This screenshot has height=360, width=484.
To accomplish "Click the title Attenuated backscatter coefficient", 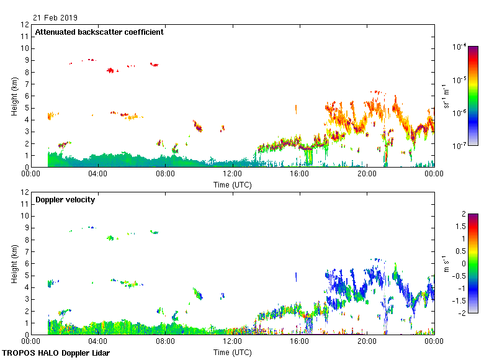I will (x=99, y=32).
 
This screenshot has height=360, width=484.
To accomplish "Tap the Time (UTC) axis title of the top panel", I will (x=233, y=185).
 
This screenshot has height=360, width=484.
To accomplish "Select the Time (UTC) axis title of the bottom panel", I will (x=233, y=353).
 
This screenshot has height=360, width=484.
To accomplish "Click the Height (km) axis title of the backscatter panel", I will (x=14, y=96).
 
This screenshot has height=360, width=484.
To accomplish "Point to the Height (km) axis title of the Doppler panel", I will (x=14, y=264).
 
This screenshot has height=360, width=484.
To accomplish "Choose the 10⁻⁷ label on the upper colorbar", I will (x=460, y=146).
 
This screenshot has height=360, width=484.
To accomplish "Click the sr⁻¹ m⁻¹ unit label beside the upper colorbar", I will (x=447, y=96).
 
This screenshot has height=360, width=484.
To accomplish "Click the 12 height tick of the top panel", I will (x=25, y=25).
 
